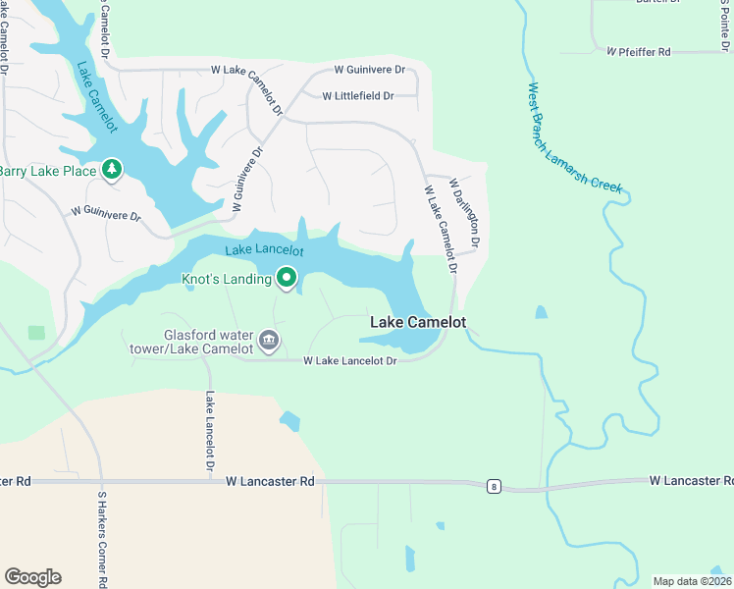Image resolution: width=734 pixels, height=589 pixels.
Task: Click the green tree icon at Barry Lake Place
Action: (x=113, y=171)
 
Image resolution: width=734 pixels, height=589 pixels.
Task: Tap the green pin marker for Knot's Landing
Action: (x=287, y=279)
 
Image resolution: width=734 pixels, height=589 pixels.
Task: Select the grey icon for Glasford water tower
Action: (x=269, y=342)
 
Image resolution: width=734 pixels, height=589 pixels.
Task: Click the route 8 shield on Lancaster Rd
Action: (x=494, y=486)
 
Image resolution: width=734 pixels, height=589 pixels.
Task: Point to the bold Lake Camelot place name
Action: (x=417, y=322)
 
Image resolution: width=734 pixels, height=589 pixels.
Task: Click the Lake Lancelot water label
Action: (x=264, y=250)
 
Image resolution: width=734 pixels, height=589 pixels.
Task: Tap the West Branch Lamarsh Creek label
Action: (x=574, y=137)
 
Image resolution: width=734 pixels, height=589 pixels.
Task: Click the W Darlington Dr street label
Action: (x=464, y=212)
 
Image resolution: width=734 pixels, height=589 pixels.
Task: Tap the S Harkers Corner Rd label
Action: (x=101, y=539)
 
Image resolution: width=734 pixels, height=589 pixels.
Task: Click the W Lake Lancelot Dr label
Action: (x=349, y=361)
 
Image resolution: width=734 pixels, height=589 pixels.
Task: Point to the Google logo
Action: (x=32, y=577)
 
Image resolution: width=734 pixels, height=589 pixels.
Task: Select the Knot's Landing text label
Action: (x=227, y=280)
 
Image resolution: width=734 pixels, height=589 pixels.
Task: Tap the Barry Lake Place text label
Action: (x=48, y=171)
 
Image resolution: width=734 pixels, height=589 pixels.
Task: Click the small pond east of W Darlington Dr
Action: (x=541, y=313)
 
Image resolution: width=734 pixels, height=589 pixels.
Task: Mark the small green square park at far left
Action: (x=36, y=333)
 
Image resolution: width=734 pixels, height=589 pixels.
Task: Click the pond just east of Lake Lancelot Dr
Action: (x=289, y=421)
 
